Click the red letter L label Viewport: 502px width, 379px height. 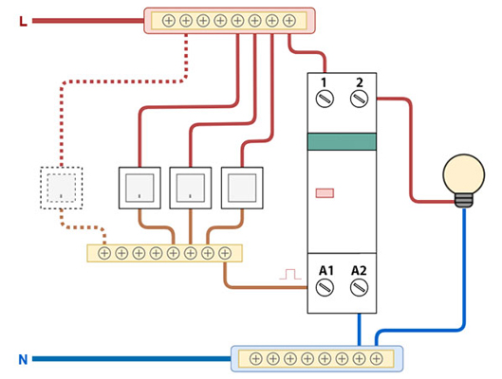click(23, 22)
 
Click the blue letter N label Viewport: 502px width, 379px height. click(23, 360)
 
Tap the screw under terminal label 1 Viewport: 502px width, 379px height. click(325, 99)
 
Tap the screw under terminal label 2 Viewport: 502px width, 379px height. click(360, 99)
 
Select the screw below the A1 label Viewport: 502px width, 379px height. click(325, 287)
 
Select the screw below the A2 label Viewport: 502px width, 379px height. click(360, 287)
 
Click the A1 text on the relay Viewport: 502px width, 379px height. click(326, 271)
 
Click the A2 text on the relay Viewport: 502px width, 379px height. click(359, 271)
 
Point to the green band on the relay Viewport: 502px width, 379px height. click(342, 141)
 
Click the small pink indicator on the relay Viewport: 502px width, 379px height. click(325, 193)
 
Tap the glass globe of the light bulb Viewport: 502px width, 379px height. click(464, 174)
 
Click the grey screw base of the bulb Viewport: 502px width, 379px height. click(464, 200)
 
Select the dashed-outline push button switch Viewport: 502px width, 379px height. click(62, 188)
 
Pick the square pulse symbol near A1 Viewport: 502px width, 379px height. click(290, 274)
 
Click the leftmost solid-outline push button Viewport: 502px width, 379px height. click(139, 188)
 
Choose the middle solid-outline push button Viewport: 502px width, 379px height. click(191, 188)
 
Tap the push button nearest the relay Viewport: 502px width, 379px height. click(242, 188)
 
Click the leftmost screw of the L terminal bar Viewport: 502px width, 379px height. click(169, 21)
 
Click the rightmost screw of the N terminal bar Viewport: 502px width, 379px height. click(376, 358)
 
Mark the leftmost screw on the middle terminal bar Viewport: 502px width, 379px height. click(104, 253)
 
